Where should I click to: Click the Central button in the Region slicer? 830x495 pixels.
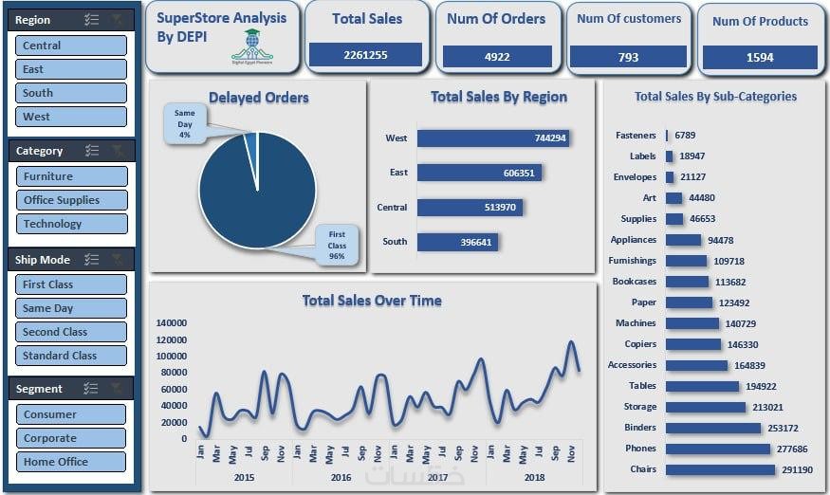point(71,46)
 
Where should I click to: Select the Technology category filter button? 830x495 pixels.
point(71,224)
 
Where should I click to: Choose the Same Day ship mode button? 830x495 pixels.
point(71,308)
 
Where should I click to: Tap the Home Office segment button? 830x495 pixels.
point(71,462)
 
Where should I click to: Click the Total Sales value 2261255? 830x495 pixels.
point(366,55)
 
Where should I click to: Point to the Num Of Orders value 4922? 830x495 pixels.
point(497,57)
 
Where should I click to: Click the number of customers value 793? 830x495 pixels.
point(628,58)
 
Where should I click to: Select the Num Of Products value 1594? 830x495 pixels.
point(760,57)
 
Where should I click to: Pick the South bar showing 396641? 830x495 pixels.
point(457,242)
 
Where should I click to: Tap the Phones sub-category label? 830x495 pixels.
point(640,449)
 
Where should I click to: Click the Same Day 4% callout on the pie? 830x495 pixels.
point(184,123)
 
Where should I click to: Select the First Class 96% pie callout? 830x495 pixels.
point(337,245)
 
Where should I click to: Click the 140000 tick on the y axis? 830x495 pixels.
point(172,322)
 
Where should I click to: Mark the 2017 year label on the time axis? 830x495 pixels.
point(437,478)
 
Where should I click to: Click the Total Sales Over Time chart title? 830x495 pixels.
point(372,301)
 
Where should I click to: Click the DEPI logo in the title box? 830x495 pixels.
point(251,46)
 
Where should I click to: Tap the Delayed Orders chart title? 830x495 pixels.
point(258,97)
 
